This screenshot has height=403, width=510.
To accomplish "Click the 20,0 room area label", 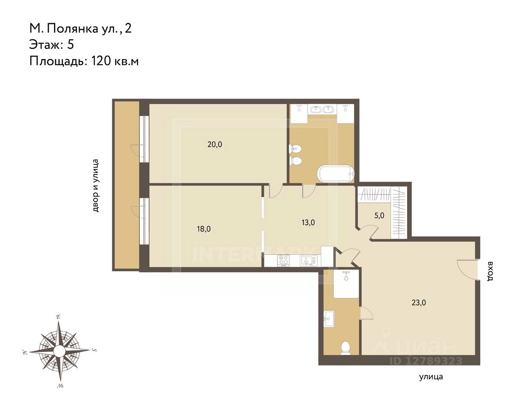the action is [215, 144].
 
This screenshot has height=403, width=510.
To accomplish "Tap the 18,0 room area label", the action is [204, 229].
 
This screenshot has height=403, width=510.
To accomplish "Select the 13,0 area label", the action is [308, 223].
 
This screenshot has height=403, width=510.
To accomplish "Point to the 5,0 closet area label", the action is [379, 215].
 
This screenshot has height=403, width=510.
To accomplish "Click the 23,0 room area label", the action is [419, 302].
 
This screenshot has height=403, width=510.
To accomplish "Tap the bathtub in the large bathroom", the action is [336, 174].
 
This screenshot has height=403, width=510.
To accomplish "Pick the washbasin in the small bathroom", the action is [329, 319].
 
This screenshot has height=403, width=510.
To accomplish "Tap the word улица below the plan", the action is [431, 377].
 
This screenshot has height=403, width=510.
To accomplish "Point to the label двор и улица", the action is [96, 186].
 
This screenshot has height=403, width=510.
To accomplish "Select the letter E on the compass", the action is [58, 317].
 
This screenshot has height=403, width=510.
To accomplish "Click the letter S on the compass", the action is [94, 350].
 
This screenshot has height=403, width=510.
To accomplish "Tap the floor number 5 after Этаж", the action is [71, 45].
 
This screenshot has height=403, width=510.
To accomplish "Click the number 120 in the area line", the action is [101, 61].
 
